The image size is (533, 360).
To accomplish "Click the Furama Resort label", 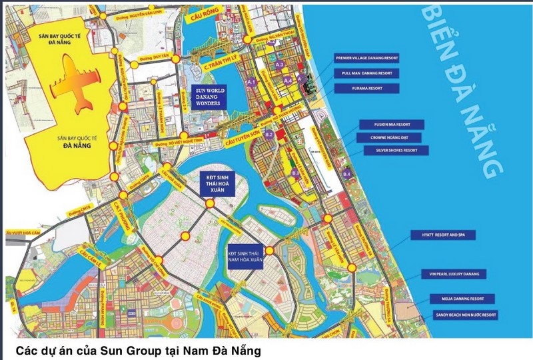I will (367, 88).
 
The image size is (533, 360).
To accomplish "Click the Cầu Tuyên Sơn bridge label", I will (239, 133).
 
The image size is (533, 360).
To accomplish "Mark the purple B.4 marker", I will (346, 174).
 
